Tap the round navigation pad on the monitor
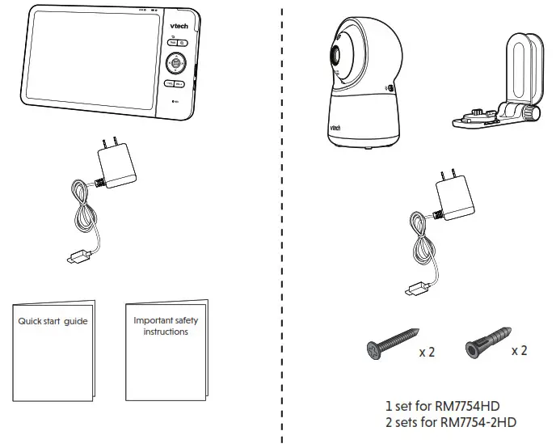175,62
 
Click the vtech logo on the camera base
335,128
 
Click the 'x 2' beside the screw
428,353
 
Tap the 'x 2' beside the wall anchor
520,351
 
